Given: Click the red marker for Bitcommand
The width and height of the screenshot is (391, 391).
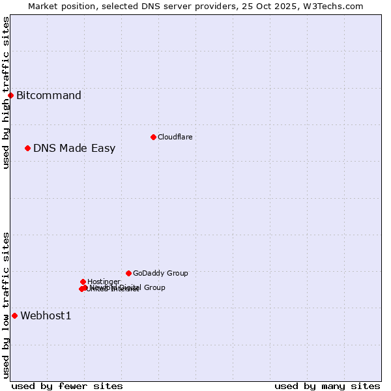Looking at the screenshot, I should coord(10,95).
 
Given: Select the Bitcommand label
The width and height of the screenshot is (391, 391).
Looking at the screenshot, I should coord(49,96).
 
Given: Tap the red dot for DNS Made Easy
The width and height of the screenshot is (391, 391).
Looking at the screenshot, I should coord(27,148).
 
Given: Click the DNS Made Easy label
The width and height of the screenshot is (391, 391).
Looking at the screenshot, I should coord(74,149).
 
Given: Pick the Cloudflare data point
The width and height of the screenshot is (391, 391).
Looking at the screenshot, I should coord(153,137).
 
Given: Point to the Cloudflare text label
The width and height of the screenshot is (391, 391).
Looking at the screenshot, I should coord(175,137).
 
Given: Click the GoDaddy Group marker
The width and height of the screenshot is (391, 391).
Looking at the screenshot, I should coord(128,273).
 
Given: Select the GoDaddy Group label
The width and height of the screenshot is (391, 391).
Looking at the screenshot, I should coord(160,274).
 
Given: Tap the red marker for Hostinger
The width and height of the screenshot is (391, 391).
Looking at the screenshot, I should coord(83,282).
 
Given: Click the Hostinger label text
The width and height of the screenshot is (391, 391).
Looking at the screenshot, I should coord(104,282).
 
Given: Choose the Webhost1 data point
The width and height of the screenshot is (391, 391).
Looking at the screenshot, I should coord(14,315).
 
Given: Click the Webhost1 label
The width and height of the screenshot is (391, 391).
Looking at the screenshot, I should coord(46,316).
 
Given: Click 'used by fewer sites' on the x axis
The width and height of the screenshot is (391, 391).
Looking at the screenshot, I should coord(67,386).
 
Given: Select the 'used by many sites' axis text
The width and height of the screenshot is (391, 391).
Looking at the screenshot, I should coord(327,386).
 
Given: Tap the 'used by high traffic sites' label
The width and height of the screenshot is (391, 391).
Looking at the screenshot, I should coord(6,93).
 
